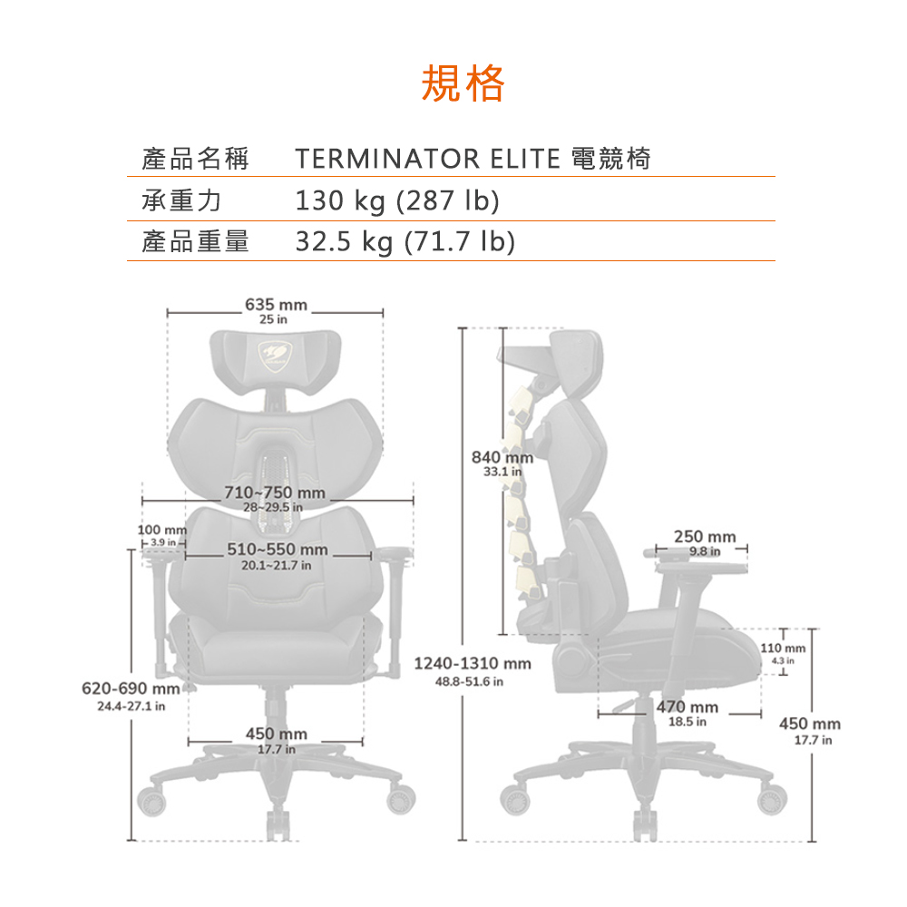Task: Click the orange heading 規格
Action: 463,83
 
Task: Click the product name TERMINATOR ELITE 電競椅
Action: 473,159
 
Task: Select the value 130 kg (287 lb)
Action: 397,200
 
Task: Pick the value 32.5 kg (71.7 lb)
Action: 405,241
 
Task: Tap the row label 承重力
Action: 181,200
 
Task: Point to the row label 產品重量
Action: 195,241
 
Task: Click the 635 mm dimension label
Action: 276,304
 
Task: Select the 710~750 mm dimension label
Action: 275,493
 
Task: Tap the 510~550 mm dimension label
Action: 277,549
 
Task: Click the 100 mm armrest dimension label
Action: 162,530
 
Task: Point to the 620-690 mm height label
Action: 131,688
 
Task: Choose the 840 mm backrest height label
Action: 502,457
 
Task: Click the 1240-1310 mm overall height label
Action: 473,663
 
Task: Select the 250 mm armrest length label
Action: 705,536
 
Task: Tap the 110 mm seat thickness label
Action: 783,648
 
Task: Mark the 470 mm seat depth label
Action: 688,707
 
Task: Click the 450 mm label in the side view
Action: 810,724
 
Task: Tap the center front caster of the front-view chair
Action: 278,824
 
